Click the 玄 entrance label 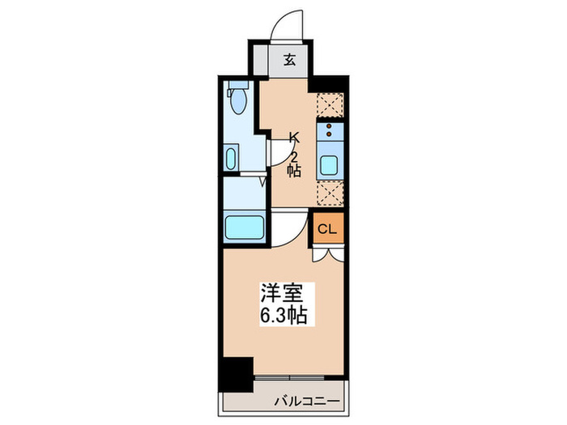[288, 59]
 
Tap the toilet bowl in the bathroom [238, 104]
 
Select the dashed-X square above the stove [330, 104]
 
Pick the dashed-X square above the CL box [330, 192]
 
